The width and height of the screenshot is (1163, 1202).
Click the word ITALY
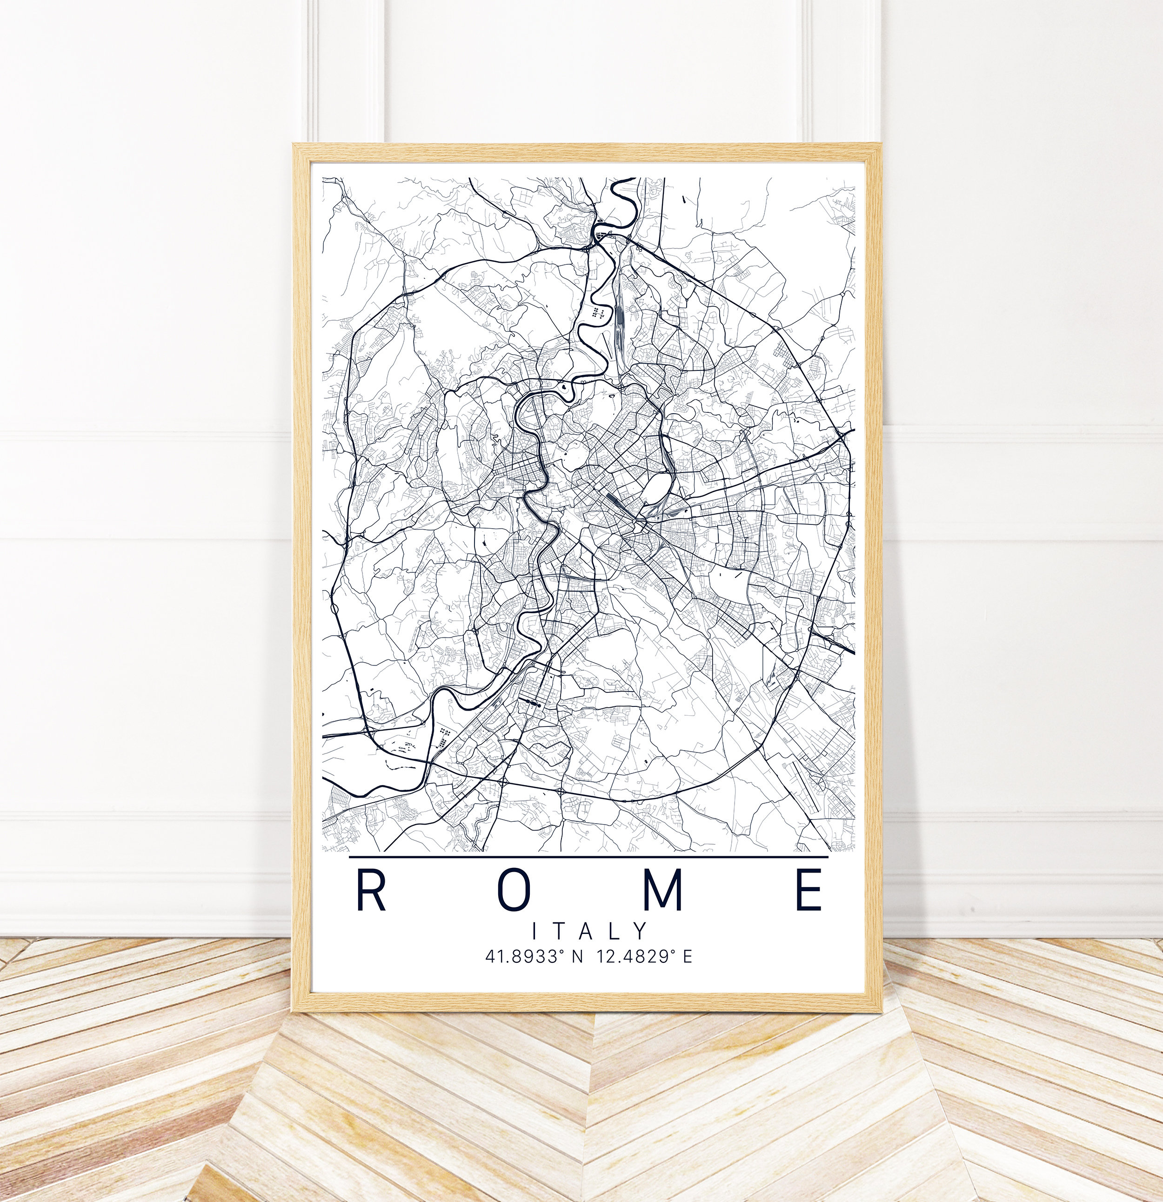coord(588,932)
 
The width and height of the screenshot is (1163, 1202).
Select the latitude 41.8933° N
coord(534,957)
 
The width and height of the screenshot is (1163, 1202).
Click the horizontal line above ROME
coord(588,857)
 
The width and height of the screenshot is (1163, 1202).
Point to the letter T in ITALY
coord(561,932)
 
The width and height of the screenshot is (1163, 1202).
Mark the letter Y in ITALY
coord(641,932)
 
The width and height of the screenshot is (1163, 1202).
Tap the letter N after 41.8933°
coord(577,957)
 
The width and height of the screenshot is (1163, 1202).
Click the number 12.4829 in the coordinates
coord(630,957)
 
